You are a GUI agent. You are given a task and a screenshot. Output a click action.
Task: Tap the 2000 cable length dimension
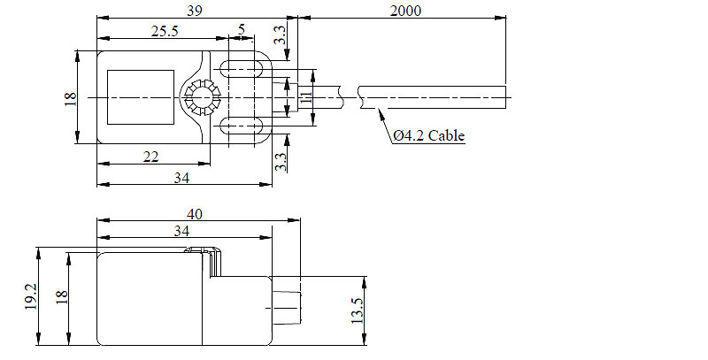click(404, 11)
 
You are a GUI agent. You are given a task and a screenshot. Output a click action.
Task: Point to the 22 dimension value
click(150, 156)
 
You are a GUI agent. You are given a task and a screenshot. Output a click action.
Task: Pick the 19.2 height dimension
click(30, 297)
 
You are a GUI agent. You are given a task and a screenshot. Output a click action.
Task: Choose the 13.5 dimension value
click(357, 310)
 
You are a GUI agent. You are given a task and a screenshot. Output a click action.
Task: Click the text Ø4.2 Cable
click(428, 135)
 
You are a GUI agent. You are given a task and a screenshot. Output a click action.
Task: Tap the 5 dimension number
click(242, 30)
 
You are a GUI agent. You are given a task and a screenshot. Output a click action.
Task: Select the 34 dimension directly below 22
click(181, 177)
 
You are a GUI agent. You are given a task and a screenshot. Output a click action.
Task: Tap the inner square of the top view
click(140, 96)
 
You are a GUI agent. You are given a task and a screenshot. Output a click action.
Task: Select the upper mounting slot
click(247, 67)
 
